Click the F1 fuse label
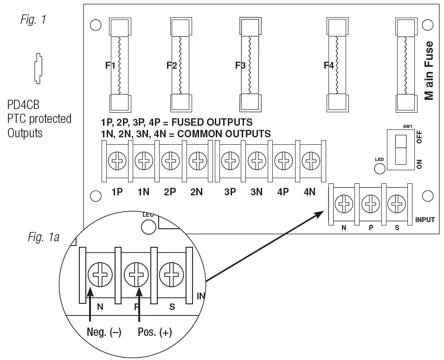[x=110, y=65]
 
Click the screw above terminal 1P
[x=116, y=162]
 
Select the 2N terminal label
[x=196, y=192]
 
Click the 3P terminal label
[x=230, y=192]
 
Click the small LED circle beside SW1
[x=380, y=168]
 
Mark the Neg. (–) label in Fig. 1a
[x=104, y=333]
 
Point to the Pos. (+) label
[x=155, y=333]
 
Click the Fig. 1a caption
[x=42, y=238]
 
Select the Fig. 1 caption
[x=33, y=19]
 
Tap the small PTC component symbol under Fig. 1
[x=37, y=68]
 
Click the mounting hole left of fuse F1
[x=96, y=26]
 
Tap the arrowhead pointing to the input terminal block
[x=321, y=214]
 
